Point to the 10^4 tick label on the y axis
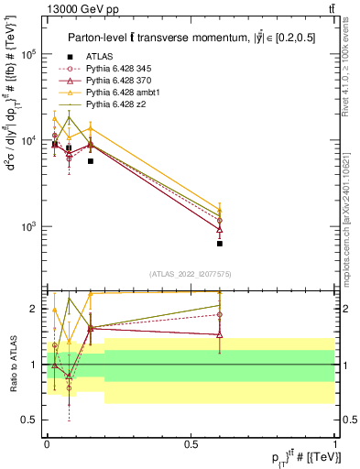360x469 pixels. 28,140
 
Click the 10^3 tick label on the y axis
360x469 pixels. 28,226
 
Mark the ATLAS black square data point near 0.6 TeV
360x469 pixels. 220,244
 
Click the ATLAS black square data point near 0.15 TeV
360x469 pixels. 90,161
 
